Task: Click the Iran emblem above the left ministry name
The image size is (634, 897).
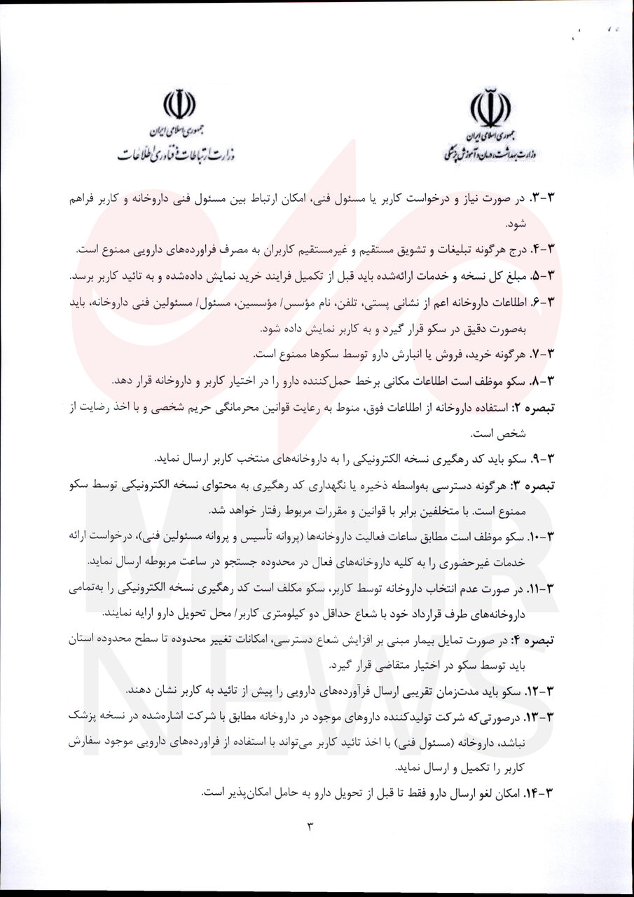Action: click(x=179, y=106)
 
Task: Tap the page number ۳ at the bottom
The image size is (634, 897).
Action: click(x=310, y=826)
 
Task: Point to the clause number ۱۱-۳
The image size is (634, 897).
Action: click(x=539, y=588)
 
